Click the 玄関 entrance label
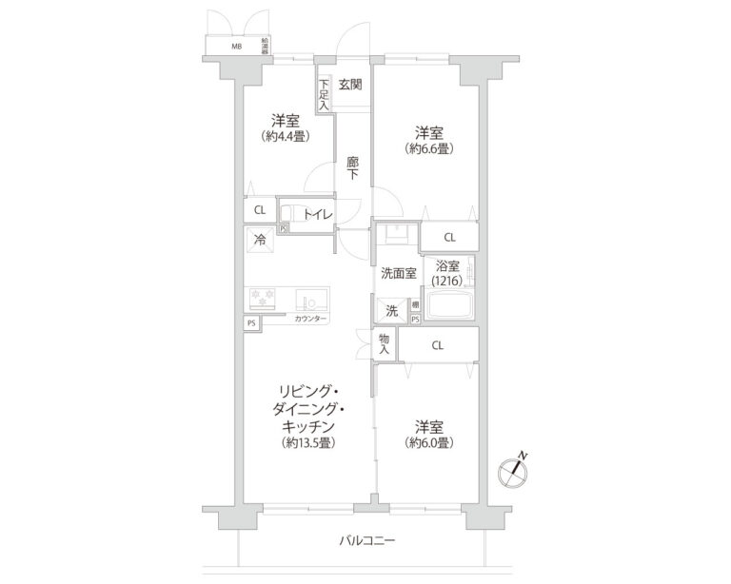pyautogui.click(x=350, y=85)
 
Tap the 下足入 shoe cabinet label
pyautogui.click(x=324, y=94)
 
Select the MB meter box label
pyautogui.click(x=236, y=46)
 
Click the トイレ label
pyautogui.click(x=317, y=215)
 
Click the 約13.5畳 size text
pyautogui.click(x=306, y=443)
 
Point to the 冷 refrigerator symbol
pyautogui.click(x=258, y=241)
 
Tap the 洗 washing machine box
pyautogui.click(x=391, y=309)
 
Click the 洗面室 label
pyautogui.click(x=398, y=274)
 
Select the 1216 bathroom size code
pyautogui.click(x=446, y=282)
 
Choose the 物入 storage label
pyautogui.click(x=385, y=344)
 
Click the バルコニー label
pyautogui.click(x=366, y=541)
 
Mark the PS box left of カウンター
pyautogui.click(x=251, y=323)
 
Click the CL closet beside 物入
pyautogui.click(x=437, y=344)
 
